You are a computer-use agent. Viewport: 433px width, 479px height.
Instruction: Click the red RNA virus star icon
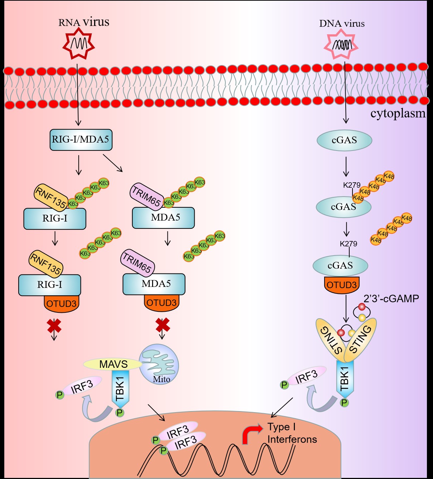78,44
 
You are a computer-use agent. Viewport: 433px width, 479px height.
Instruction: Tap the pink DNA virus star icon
341,44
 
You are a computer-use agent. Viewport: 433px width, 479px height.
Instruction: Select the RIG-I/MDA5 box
81,139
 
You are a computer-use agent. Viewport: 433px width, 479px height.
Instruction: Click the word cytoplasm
398,114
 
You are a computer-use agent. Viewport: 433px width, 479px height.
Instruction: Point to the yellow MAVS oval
113,364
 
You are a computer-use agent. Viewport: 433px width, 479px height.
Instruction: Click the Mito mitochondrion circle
159,364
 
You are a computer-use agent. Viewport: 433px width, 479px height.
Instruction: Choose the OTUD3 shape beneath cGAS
341,285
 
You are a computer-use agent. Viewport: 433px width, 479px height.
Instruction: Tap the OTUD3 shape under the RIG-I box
61,304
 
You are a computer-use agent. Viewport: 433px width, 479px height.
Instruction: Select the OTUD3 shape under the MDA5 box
161,303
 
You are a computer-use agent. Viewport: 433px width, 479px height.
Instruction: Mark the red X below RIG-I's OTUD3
54,326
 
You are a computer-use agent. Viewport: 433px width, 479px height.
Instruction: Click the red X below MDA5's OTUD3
162,325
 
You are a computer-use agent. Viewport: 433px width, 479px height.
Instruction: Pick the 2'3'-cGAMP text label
391,299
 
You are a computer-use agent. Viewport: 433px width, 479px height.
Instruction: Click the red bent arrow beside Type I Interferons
251,434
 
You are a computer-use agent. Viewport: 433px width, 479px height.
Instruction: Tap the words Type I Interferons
292,433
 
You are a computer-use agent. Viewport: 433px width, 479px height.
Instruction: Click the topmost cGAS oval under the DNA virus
344,140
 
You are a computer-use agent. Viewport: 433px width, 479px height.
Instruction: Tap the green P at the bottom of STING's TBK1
344,403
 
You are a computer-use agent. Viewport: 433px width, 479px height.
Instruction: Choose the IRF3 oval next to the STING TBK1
306,376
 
